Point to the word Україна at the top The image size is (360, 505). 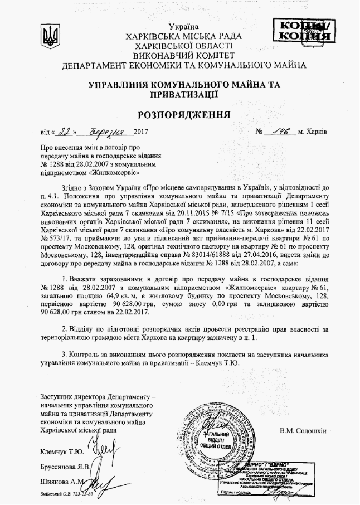pyautogui.click(x=184, y=27)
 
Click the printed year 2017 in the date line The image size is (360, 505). pyautogui.click(x=144, y=134)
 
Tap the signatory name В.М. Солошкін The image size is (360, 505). pyautogui.click(x=303, y=430)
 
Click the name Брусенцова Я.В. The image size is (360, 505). pyautogui.click(x=65, y=466)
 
